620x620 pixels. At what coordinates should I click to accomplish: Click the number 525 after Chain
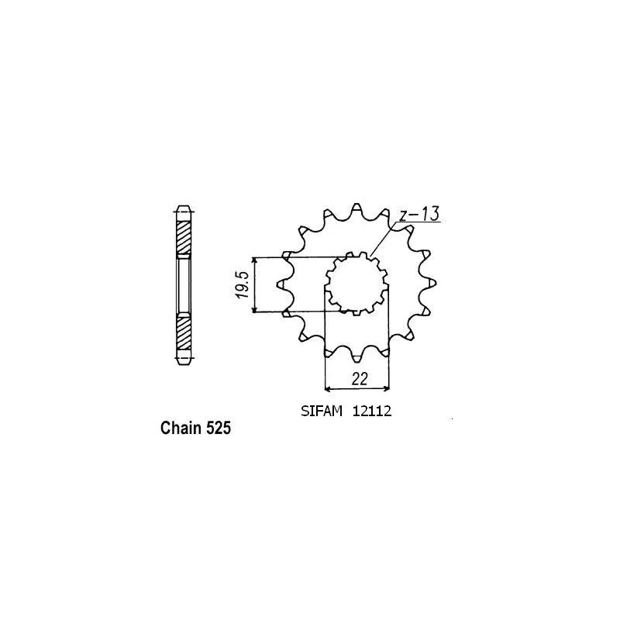click(x=217, y=428)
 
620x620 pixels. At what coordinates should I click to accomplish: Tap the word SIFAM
click(x=322, y=412)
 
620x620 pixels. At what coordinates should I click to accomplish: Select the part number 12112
click(x=372, y=412)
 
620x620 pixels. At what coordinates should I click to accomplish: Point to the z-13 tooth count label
click(x=418, y=214)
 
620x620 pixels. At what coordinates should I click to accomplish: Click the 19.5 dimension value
click(x=243, y=284)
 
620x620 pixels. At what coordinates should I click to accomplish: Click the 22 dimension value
click(x=359, y=379)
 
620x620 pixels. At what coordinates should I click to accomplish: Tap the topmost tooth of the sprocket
click(x=356, y=208)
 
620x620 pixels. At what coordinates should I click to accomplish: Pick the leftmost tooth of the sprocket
click(x=281, y=284)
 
